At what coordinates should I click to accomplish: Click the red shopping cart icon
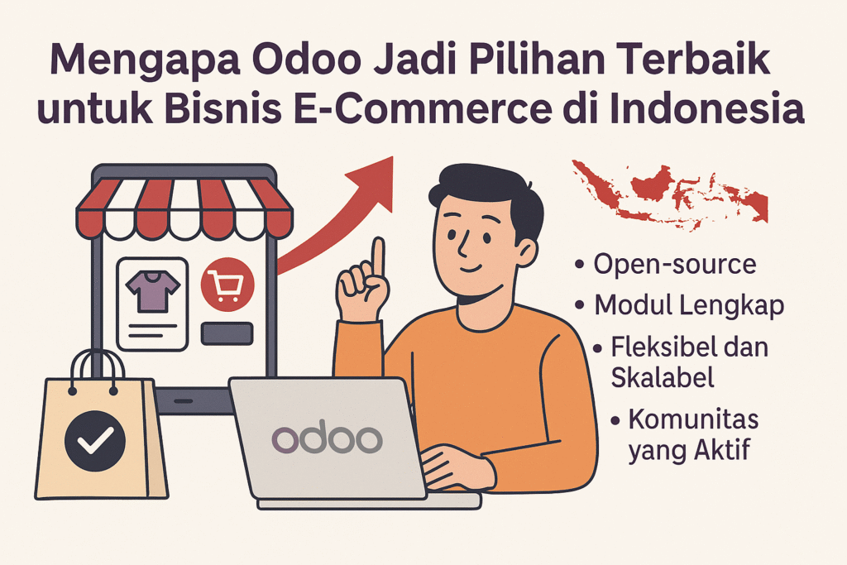pos(227,284)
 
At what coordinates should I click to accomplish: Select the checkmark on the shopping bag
pos(95,441)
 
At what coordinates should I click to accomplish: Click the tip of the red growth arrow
pos(392,157)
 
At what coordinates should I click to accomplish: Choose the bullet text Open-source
pos(675,265)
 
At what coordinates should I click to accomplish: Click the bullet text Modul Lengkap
pos(689,306)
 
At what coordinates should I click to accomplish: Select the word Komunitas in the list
pos(694,419)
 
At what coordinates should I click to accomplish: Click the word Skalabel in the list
pos(663,376)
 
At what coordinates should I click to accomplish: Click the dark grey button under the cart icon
pos(227,333)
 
